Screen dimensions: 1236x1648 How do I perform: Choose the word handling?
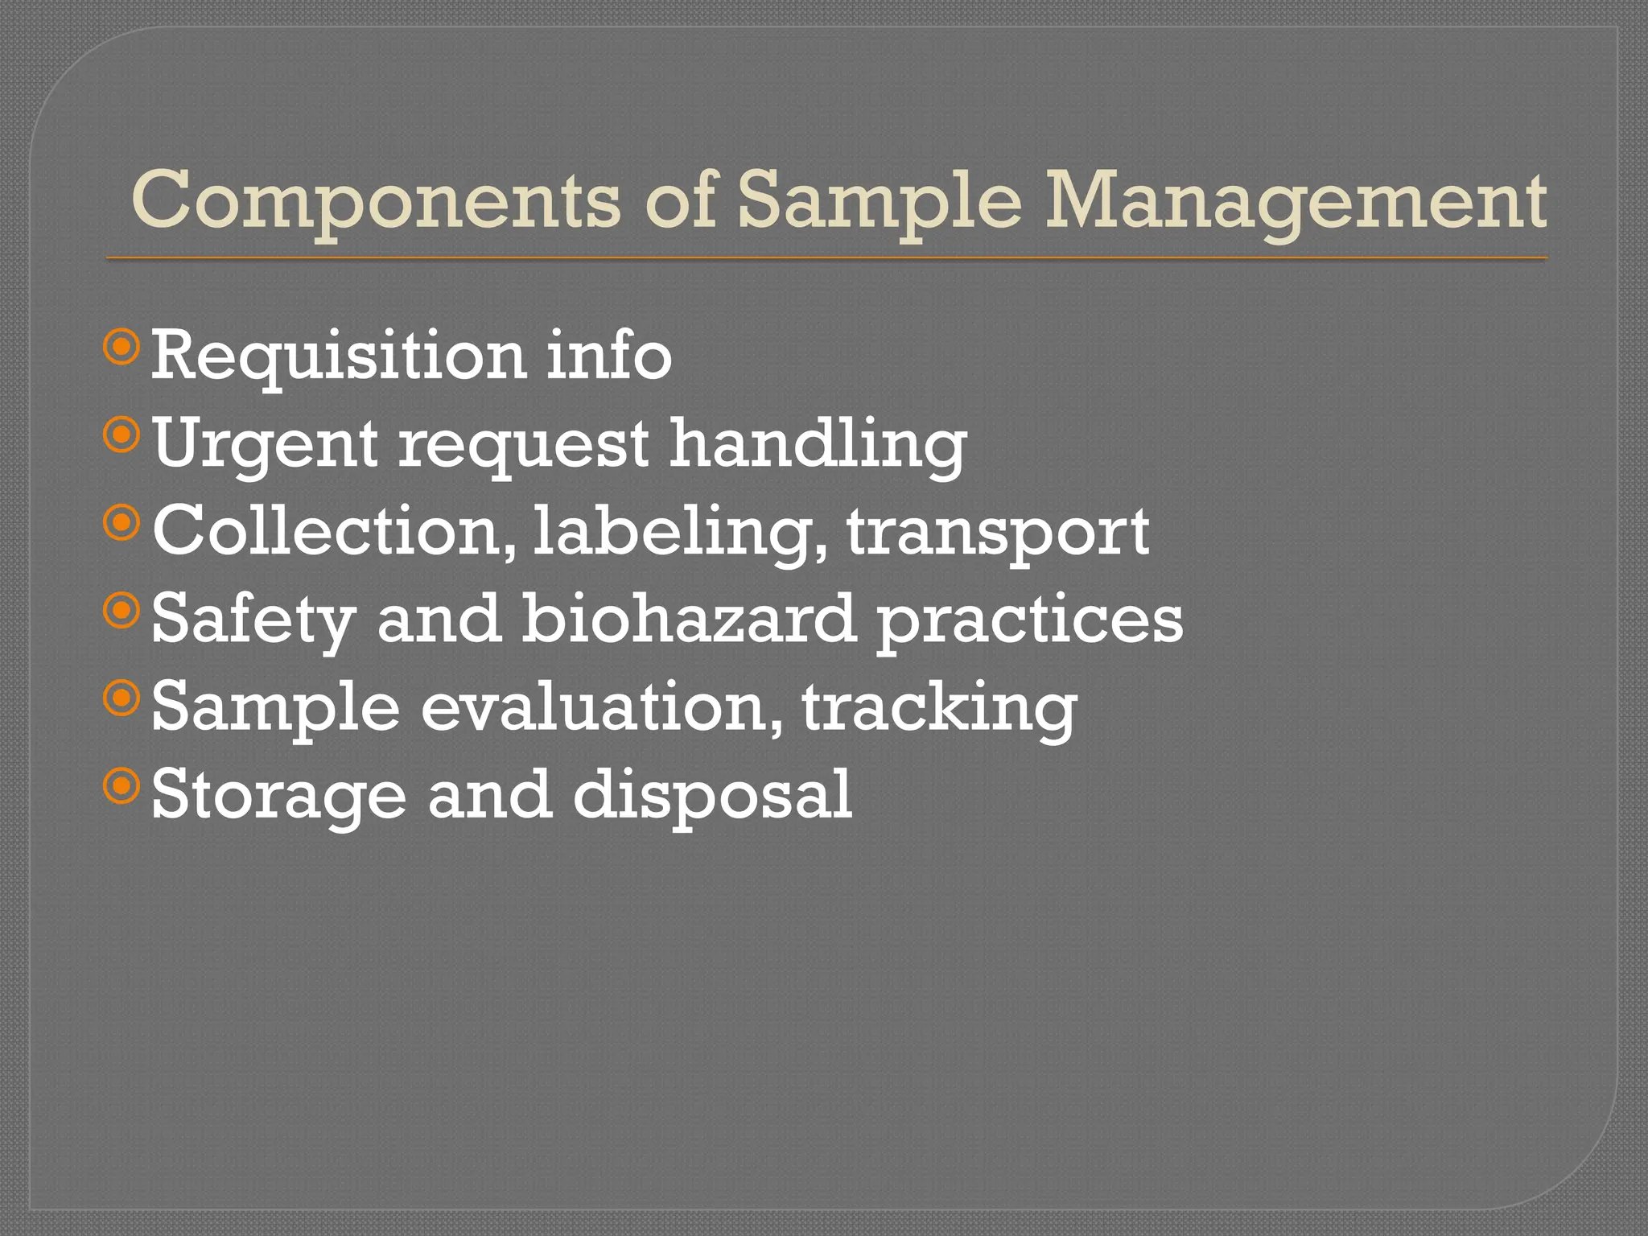[818, 445]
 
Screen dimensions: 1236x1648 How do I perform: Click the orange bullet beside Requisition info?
[122, 348]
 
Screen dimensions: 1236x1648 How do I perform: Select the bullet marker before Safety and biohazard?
[122, 611]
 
